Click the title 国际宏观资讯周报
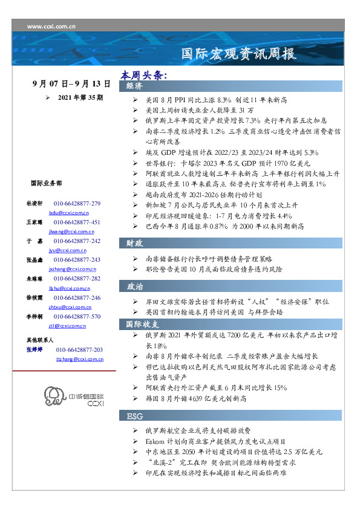240,55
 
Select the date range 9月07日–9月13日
71,84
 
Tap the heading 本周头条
143,76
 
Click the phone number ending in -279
77,204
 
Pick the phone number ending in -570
77,317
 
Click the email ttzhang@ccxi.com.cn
79,359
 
